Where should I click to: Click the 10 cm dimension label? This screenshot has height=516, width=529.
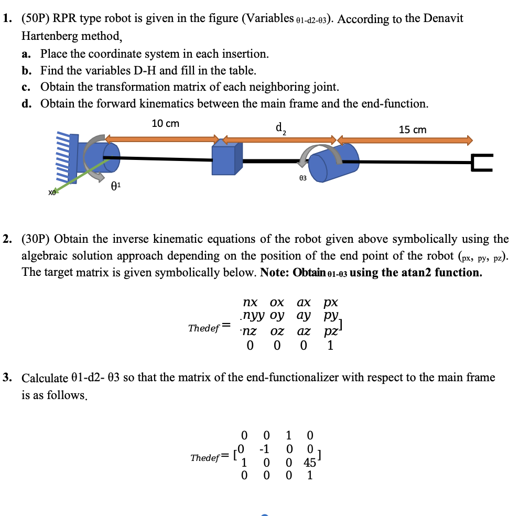coord(165,124)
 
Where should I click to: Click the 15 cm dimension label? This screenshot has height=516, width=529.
coord(413,130)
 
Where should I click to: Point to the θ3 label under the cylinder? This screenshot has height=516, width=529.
coord(303,178)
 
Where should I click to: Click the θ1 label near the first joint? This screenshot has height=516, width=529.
coord(116,185)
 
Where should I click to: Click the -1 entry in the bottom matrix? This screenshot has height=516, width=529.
coord(265,449)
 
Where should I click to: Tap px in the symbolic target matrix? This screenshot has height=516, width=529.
coord(331,303)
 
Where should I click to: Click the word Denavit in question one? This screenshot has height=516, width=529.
coord(443,18)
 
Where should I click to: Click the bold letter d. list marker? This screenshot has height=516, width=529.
coord(27,104)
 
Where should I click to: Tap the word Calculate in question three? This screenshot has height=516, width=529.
coord(44,378)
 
